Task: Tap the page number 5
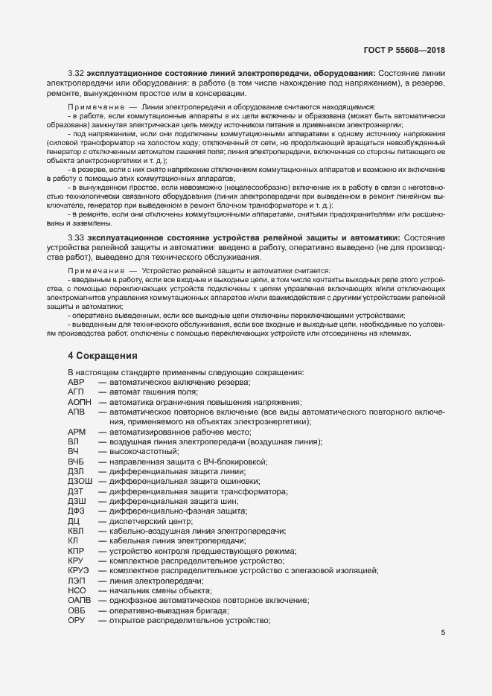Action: tap(443, 633)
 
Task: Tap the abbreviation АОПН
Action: tap(79, 402)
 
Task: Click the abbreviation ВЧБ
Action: tap(76, 462)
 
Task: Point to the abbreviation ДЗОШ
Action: tap(80, 482)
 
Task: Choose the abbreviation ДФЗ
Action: tap(77, 512)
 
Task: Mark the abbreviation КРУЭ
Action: tap(80, 570)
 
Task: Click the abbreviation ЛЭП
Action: tap(77, 581)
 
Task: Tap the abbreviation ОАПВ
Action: tap(80, 601)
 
